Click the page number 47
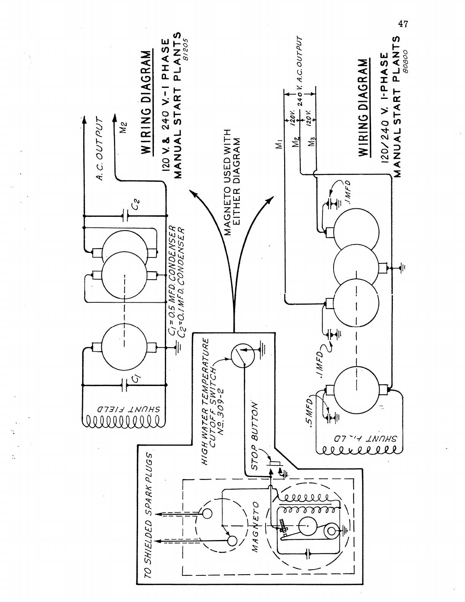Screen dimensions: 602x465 pyautogui.click(x=403, y=24)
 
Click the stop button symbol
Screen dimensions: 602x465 pyautogui.click(x=274, y=463)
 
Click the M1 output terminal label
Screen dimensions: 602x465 pyautogui.click(x=280, y=145)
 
